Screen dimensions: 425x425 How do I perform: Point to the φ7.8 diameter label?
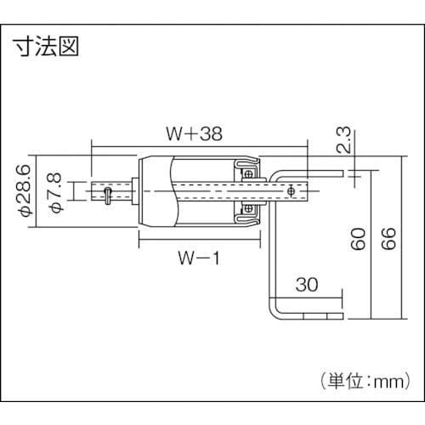click(x=55, y=190)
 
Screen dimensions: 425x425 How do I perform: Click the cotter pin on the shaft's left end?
click(x=106, y=198)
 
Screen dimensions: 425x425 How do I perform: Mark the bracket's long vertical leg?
click(x=274, y=255)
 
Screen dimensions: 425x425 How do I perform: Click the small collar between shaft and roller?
click(x=131, y=189)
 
